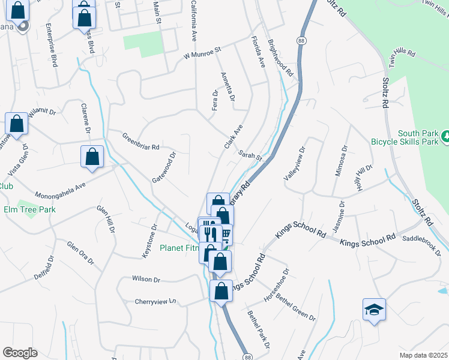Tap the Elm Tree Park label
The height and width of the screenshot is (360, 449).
[x=29, y=210]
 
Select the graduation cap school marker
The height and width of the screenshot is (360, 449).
[x=374, y=310]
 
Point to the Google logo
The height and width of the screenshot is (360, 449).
[x=20, y=353]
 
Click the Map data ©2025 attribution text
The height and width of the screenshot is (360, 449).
[x=423, y=355]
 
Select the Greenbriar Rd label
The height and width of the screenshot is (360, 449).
[x=141, y=141]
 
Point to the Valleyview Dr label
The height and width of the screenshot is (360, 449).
[x=295, y=163]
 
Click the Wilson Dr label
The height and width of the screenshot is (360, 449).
[x=147, y=280]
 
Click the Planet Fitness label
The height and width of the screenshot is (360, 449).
[x=179, y=247]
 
